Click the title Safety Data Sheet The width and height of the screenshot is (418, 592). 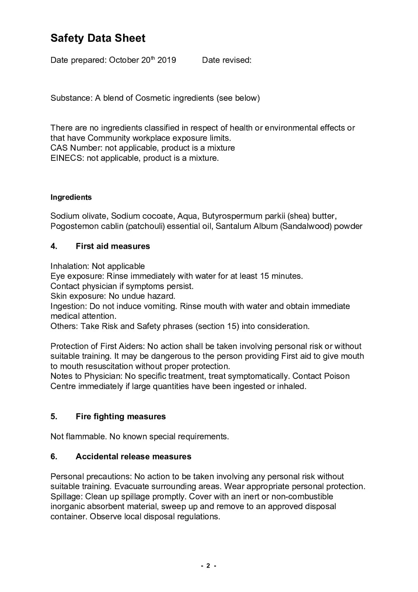pyautogui.click(x=98, y=38)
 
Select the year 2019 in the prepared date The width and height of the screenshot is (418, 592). pyautogui.click(x=166, y=60)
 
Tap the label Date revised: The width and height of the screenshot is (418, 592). pyautogui.click(x=226, y=60)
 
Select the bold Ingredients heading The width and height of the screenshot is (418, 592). pyautogui.click(x=71, y=197)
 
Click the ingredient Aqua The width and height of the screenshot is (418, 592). pyautogui.click(x=187, y=216)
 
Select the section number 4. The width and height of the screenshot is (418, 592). pyautogui.click(x=54, y=246)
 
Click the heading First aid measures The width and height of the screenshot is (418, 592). pyautogui.click(x=113, y=246)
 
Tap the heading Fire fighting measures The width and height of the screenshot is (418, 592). pyautogui.click(x=120, y=416)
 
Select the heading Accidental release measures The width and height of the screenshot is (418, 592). pyautogui.click(x=133, y=456)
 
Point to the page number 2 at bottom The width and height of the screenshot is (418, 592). pyautogui.click(x=208, y=566)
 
